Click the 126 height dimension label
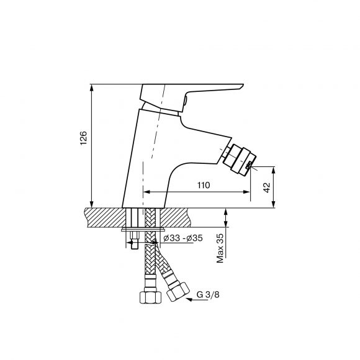tap(84, 138)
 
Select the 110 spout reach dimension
tap(204, 185)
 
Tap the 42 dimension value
tap(266, 187)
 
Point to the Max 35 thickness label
tap(220, 248)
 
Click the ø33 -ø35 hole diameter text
tap(183, 238)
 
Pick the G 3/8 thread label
tap(208, 294)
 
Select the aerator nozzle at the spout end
tap(240, 160)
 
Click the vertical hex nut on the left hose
tap(151, 297)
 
